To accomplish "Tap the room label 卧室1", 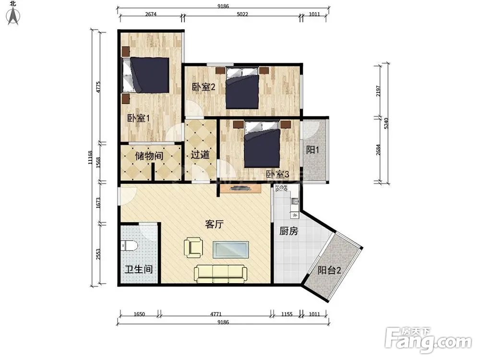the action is point(138,118).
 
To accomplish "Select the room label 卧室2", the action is point(204,87).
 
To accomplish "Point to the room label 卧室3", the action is point(277,175).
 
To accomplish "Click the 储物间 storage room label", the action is point(149,156).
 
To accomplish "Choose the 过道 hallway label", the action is point(200,155).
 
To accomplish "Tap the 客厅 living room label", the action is point(214,224).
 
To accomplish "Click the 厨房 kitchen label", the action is point(288,231).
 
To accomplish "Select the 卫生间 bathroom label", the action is point(139,269).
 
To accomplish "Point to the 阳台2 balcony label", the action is point(329,270).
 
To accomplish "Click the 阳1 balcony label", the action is point(312,150).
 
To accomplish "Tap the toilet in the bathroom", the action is point(129,245).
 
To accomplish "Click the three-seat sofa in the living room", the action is point(221,274).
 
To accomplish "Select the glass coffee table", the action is point(231,250).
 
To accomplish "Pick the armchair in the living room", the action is point(193,247).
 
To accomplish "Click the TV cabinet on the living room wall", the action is point(240,188).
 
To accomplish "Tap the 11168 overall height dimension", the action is point(90,157).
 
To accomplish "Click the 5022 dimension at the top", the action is point(242,14).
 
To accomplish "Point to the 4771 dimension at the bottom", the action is point(216,314).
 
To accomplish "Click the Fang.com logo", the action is point(428,340).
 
